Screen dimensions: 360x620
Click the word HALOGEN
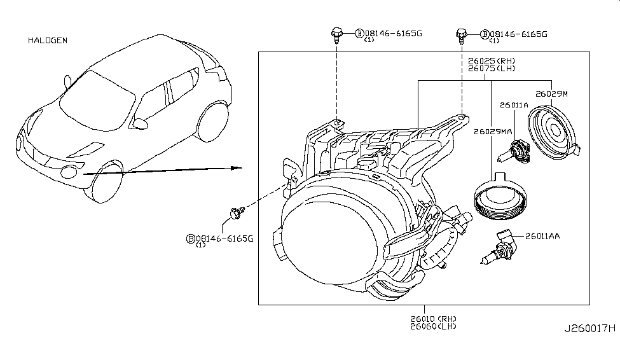point(48,41)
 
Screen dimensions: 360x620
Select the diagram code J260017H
point(590,329)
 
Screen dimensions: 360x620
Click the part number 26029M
point(551,93)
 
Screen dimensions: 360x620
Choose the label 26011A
point(513,105)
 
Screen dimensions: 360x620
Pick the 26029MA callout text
point(493,132)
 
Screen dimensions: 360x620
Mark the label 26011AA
point(542,236)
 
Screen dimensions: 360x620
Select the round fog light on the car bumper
point(68,170)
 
